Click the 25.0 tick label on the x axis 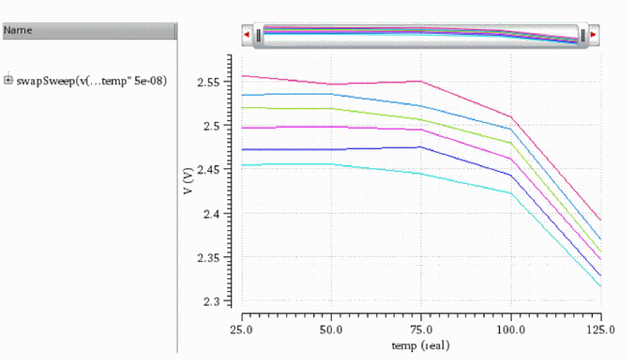coord(241,330)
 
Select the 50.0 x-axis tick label coord(331,330)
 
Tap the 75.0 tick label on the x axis coord(421,330)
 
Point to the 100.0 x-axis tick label coord(511,330)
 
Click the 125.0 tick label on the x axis coord(599,330)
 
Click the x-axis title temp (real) coord(421,345)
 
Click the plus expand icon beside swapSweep coord(8,80)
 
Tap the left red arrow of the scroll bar coord(247,35)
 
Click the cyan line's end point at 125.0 coord(600,286)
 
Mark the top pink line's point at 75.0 coord(421,81)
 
